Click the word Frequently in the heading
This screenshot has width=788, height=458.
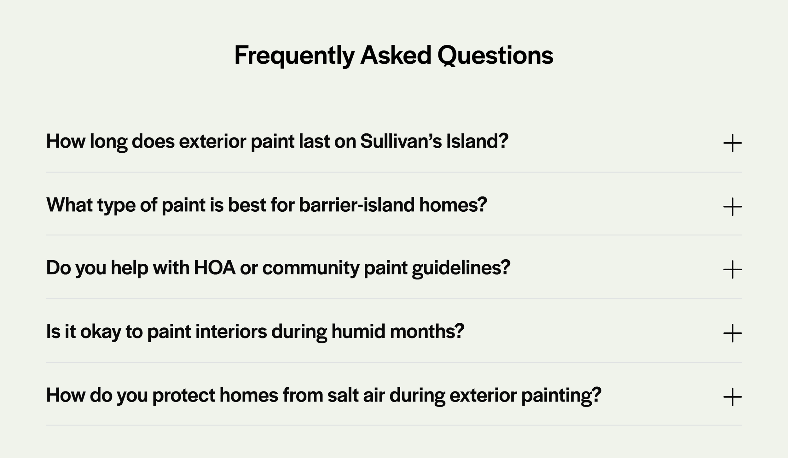[294, 56]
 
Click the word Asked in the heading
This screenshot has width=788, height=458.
[396, 56]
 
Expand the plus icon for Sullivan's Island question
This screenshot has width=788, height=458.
[732, 143]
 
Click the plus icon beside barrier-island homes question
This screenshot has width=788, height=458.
[732, 207]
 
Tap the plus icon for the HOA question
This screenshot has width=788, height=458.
[732, 270]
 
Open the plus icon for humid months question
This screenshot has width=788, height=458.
[732, 333]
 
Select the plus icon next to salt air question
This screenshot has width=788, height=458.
[732, 397]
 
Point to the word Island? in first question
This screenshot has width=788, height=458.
[477, 141]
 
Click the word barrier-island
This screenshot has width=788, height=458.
[356, 205]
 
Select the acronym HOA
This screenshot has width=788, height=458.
[214, 268]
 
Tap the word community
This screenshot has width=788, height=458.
[310, 268]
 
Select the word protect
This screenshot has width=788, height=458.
[183, 395]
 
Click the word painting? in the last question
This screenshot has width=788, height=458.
[561, 395]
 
